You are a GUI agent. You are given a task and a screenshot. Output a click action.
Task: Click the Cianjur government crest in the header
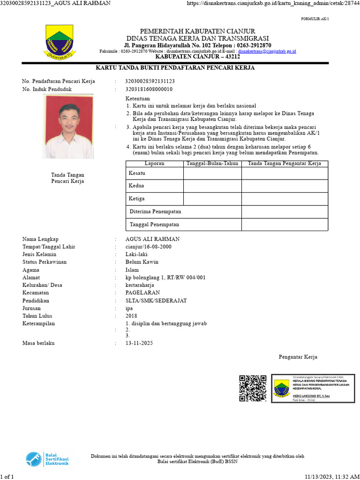(59, 42)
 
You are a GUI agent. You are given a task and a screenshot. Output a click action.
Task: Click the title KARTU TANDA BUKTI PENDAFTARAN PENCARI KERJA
(175, 68)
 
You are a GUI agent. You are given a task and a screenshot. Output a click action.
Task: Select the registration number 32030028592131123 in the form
(150, 81)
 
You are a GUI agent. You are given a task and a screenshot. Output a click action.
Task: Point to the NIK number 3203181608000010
(149, 89)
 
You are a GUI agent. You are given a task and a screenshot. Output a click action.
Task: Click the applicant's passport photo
(69, 127)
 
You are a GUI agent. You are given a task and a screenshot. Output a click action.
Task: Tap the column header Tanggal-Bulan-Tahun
(212, 164)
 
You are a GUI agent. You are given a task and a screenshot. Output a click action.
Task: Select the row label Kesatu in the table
(137, 173)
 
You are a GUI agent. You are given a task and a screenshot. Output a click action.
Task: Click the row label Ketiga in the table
(136, 199)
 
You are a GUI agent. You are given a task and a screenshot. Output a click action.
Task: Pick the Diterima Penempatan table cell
(155, 212)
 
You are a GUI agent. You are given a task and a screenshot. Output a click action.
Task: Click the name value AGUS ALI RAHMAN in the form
(152, 239)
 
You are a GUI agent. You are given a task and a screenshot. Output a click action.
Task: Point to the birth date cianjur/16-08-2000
(149, 247)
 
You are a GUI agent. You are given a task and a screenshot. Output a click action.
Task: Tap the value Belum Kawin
(142, 262)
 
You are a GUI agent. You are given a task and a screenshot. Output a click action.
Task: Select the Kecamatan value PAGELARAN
(143, 292)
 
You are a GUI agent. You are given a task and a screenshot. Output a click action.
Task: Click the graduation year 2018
(131, 315)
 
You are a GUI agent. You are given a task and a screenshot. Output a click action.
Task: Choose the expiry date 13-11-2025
(139, 343)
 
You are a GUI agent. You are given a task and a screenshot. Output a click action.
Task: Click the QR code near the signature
(253, 388)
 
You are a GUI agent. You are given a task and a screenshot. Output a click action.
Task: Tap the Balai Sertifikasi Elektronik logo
(47, 458)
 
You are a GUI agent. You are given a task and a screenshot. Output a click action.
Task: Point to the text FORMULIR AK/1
(315, 19)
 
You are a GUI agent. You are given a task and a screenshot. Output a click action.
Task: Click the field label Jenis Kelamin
(39, 254)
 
